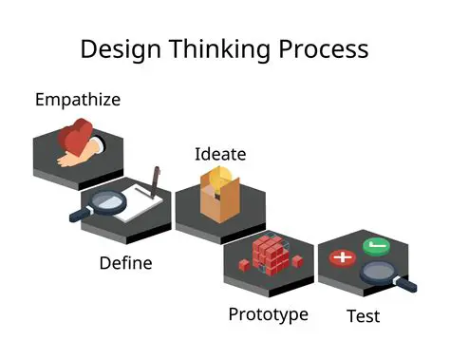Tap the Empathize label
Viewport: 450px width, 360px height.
point(78,99)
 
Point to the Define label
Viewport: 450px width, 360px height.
point(125,262)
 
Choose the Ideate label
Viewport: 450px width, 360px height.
point(220,154)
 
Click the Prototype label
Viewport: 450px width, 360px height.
point(268,313)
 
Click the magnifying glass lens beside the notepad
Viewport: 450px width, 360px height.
point(109,201)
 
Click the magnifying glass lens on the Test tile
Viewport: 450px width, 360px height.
point(381,273)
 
